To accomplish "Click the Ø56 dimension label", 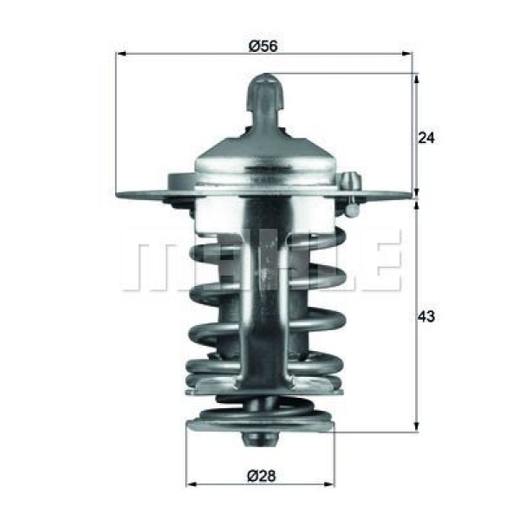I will coord(263,46).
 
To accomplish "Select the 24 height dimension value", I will coord(426,137).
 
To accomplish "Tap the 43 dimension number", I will coord(426,316).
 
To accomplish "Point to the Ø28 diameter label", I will coord(260,475).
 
